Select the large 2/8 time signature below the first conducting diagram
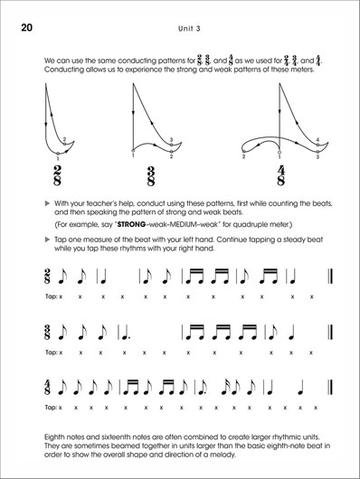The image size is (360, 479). coord(58,174)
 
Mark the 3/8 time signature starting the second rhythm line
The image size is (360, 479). coord(46,333)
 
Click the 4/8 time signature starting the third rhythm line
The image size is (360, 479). coord(46,390)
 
